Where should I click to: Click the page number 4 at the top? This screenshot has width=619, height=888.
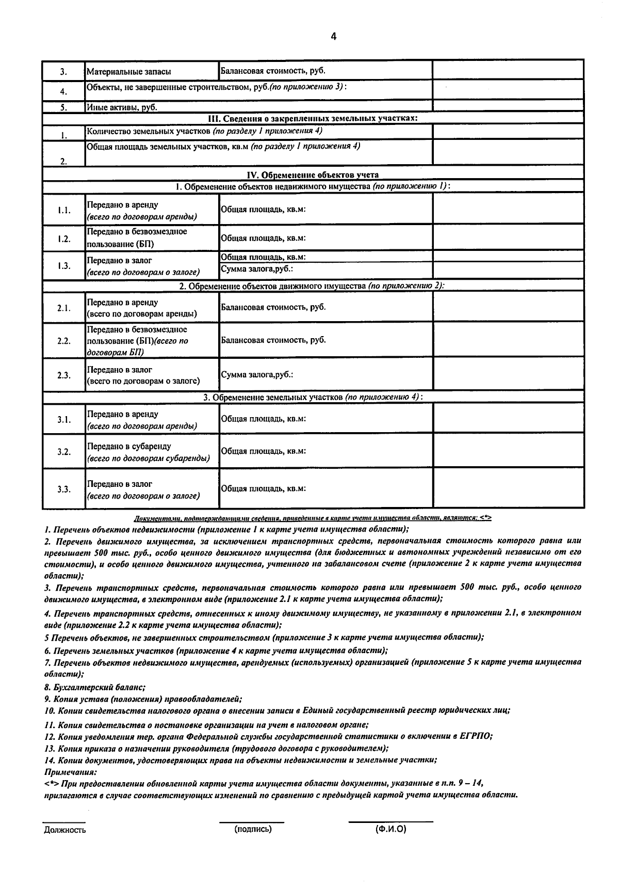coord(333,36)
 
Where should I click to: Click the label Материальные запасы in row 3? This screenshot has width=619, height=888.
coord(128,72)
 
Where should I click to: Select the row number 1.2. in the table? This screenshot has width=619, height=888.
coord(64,239)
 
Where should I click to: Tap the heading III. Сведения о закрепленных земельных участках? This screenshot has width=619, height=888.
coord(313,118)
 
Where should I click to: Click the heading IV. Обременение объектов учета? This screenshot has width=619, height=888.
coord(313,175)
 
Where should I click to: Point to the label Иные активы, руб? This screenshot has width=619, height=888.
coord(122,107)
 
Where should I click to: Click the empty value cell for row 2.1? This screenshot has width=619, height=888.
coord(508,307)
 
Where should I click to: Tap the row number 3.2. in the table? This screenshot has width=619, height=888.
coord(64,452)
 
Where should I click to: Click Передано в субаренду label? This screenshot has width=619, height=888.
coord(129,446)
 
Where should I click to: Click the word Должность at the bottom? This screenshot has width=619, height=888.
coord(65,830)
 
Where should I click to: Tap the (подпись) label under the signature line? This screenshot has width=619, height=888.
coord(253,829)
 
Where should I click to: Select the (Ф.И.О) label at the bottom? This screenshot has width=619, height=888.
coord(390,829)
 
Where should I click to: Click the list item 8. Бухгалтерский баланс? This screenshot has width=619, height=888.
coord(95,687)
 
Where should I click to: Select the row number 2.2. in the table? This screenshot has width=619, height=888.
coord(64,341)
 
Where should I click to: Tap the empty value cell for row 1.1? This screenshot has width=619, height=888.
coord(508,210)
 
